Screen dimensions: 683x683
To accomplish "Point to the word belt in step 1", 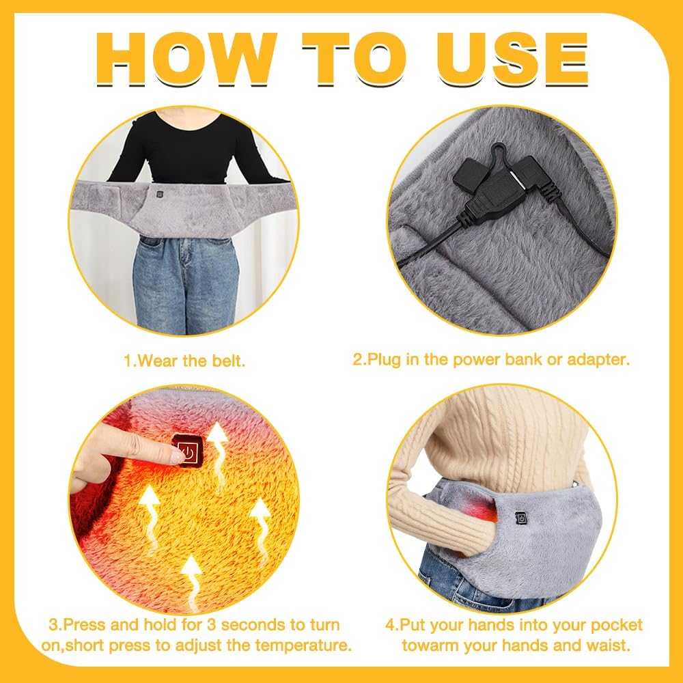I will tap(228, 361).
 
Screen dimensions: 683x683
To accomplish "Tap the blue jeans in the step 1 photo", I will tap(185, 280).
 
